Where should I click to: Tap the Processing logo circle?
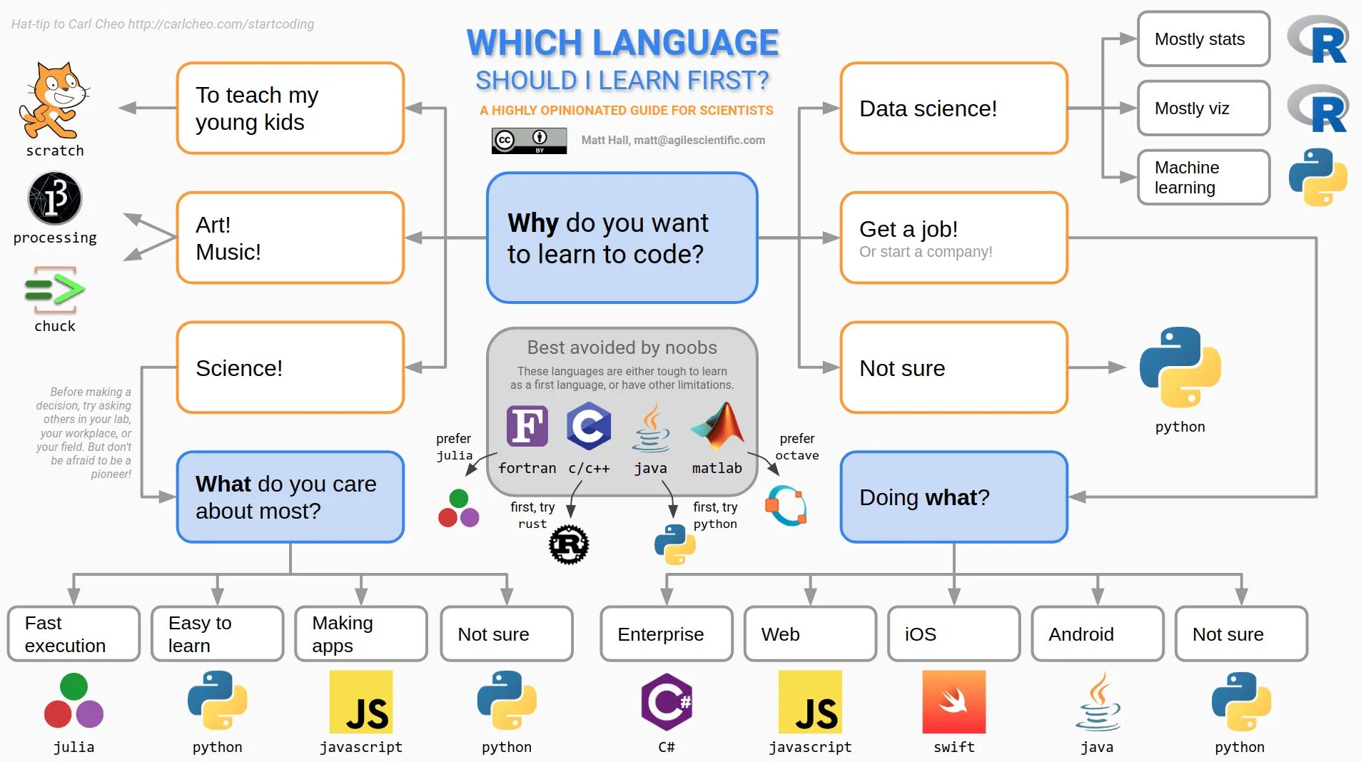coord(55,198)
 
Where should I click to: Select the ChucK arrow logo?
coord(55,290)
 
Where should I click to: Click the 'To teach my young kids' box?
coord(290,108)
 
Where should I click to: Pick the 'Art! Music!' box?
coord(290,238)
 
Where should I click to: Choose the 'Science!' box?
coord(290,367)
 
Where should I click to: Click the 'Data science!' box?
coord(953,108)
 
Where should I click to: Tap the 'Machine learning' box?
coord(1203,177)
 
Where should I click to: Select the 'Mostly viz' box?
coord(1203,108)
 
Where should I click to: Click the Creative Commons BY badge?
coord(529,141)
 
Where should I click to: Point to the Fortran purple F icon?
coord(527,426)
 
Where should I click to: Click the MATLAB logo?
coord(718,426)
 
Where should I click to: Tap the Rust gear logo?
coord(569,545)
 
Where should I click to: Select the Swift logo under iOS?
coord(953,702)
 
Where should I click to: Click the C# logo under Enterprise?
coord(667,702)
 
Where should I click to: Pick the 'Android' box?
coord(1098,634)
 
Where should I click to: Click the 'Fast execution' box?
coord(74,634)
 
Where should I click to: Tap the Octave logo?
coord(786,506)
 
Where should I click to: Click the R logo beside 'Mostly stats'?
coord(1318,40)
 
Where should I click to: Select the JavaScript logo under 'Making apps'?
coord(361,702)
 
